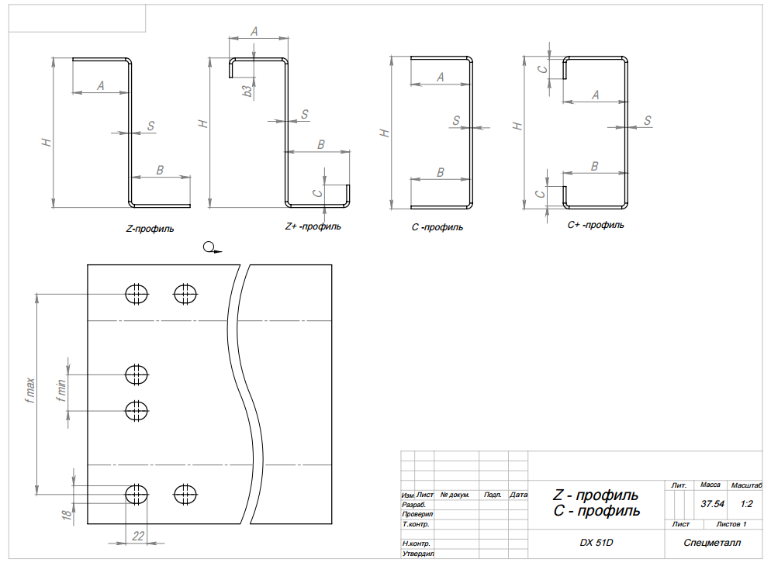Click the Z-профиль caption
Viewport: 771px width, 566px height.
coord(150,229)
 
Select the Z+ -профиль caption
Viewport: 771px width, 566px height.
coord(313,226)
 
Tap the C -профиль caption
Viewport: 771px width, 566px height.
coord(437,227)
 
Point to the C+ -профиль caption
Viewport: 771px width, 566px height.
coord(596,225)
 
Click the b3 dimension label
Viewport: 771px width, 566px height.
coord(247,91)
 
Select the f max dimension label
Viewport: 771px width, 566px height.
coord(30,391)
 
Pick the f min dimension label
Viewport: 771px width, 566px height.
coord(61,391)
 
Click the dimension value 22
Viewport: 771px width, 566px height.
coord(138,536)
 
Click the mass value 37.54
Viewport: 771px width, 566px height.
coord(713,504)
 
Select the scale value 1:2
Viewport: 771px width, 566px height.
coord(746,504)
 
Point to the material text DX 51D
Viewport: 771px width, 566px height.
coord(596,543)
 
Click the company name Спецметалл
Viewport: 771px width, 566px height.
coord(712,543)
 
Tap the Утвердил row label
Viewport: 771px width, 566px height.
coord(418,554)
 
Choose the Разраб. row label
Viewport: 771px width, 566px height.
coord(414,505)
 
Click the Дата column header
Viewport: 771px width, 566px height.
coord(518,495)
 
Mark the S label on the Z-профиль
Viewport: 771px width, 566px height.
coord(150,126)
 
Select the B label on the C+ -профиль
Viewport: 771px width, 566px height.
coord(594,167)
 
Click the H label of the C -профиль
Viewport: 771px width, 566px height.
coord(385,133)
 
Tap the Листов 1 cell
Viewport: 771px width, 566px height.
coord(731,524)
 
